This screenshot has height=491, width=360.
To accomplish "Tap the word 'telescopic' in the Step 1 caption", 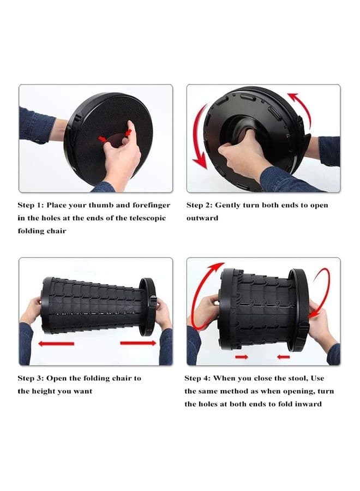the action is pyautogui.click(x=147, y=218).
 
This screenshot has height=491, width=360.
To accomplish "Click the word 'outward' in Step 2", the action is pyautogui.click(x=202, y=218).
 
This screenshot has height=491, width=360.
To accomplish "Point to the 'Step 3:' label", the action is pyautogui.click(x=30, y=378).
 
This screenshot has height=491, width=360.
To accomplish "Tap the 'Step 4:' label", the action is pyautogui.click(x=197, y=378).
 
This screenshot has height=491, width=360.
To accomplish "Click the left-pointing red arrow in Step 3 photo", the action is pyautogui.click(x=56, y=344).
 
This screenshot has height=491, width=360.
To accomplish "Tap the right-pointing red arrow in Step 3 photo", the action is pyautogui.click(x=138, y=343).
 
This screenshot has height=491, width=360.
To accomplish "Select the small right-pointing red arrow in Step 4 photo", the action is pyautogui.click(x=242, y=357).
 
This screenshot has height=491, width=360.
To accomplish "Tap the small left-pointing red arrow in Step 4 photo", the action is pyautogui.click(x=283, y=357).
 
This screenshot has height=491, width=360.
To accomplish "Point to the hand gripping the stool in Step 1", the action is pyautogui.click(x=122, y=157).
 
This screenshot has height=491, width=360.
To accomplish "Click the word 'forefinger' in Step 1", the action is pyautogui.click(x=152, y=206).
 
